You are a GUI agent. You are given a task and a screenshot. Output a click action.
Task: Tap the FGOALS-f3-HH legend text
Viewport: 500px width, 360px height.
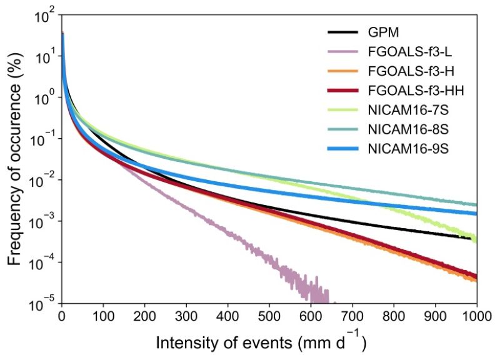pos(411,92)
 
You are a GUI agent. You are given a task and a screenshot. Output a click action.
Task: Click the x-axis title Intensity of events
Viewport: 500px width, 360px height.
pos(260,342)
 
